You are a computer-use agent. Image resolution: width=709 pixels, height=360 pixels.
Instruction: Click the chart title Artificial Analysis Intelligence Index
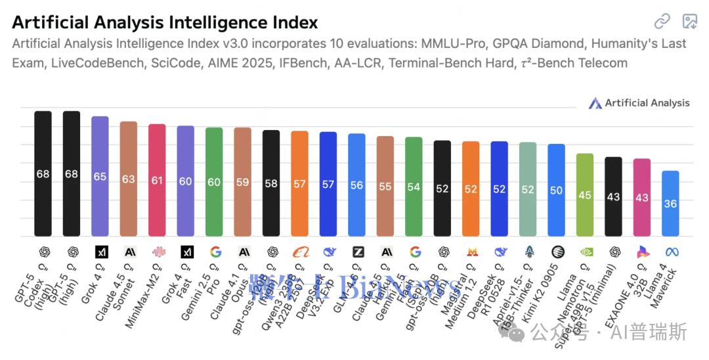(x=165, y=22)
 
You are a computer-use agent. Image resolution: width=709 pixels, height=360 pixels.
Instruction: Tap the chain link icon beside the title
(x=662, y=21)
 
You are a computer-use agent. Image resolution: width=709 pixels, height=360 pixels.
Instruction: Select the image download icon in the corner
(x=689, y=21)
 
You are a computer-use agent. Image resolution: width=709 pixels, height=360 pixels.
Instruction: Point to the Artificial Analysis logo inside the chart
(x=639, y=103)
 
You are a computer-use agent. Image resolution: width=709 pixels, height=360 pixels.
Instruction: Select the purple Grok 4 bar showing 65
(x=100, y=176)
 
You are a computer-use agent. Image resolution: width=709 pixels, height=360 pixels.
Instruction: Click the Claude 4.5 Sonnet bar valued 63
(x=129, y=179)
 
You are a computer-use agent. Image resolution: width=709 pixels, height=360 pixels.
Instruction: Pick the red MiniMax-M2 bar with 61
(x=157, y=180)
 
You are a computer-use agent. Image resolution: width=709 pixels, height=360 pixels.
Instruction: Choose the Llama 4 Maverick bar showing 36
(x=670, y=204)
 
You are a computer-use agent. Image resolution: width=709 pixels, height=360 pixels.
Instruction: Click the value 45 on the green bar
(x=585, y=195)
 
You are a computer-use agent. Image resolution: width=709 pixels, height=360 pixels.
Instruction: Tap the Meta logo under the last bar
(x=670, y=252)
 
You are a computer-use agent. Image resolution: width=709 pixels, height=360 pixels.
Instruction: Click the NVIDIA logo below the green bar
(x=585, y=252)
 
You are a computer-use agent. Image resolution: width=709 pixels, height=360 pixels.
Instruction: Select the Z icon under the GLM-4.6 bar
(x=356, y=252)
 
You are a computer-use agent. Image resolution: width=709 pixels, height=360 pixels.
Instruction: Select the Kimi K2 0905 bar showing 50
(x=556, y=190)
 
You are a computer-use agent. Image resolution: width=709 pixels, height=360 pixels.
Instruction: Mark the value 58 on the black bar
(x=271, y=183)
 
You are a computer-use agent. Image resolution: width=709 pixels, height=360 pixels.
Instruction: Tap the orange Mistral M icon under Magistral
(x=471, y=252)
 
